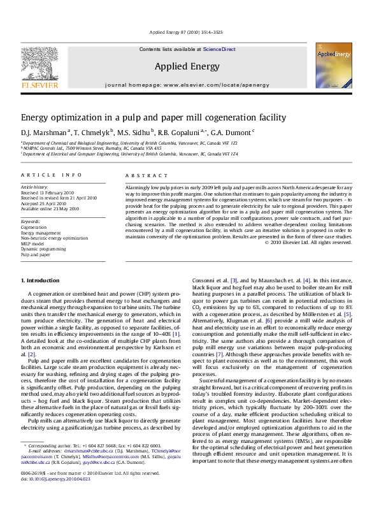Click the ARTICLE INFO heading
[42, 174]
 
